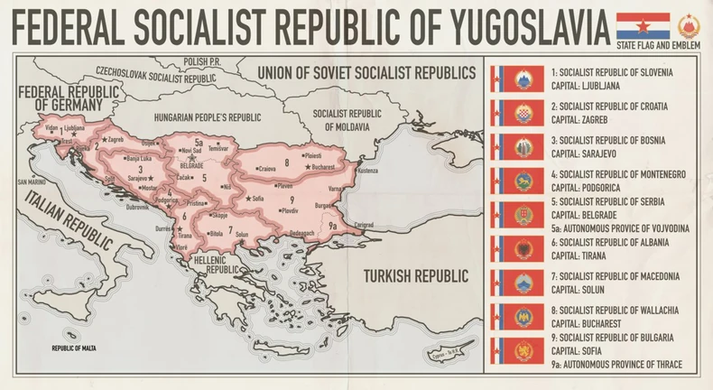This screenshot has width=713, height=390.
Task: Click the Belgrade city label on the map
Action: [191, 166]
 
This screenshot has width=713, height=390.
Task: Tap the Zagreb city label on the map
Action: [115, 140]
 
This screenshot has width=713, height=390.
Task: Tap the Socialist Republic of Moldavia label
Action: [347, 119]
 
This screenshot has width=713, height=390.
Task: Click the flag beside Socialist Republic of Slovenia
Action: [515, 79]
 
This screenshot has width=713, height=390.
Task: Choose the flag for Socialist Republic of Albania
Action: [515, 248]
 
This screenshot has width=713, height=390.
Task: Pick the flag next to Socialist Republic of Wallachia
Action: [515, 316]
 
